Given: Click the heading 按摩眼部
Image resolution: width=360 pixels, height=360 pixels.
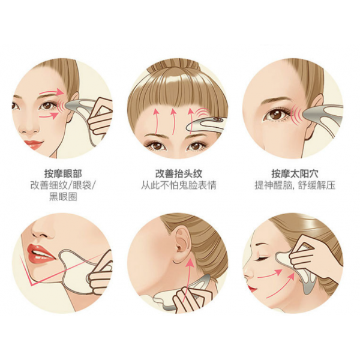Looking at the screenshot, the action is click(x=63, y=174).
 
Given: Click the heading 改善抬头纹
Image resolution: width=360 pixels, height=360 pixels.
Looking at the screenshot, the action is click(x=179, y=174).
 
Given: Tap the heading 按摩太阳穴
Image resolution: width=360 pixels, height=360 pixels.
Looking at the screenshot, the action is click(x=295, y=174).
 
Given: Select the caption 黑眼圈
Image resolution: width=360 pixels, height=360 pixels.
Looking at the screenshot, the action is click(x=63, y=197).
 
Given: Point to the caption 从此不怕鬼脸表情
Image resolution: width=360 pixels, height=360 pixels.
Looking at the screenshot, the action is click(x=179, y=185).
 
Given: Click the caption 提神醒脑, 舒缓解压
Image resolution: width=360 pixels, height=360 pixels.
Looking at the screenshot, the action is click(x=295, y=185).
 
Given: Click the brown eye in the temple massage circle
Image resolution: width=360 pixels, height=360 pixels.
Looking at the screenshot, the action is click(x=275, y=115).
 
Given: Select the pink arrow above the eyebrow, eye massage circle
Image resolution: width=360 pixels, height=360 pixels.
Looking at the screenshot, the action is click(x=51, y=92).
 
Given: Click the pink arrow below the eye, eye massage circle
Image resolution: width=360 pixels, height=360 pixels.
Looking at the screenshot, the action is click(x=49, y=115).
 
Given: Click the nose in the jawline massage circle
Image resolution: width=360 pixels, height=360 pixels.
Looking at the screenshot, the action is click(x=41, y=230).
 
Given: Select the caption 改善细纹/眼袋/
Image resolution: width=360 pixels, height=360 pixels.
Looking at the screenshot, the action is click(x=63, y=185).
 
